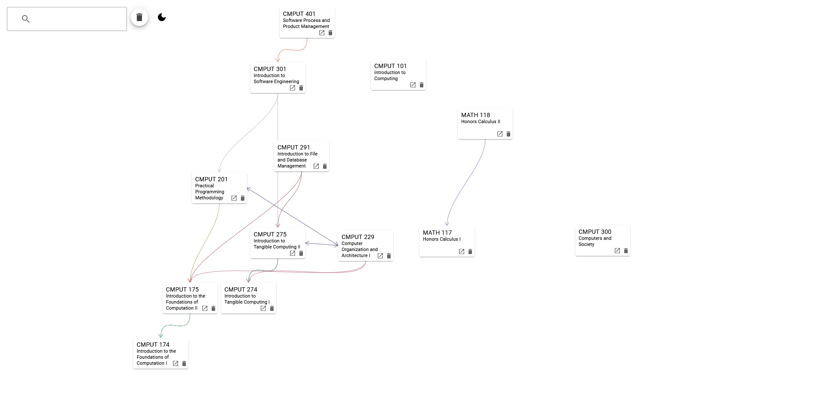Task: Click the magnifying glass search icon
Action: tap(25, 19)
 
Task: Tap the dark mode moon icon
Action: tap(162, 17)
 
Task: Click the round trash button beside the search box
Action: tap(139, 17)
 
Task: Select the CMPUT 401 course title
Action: tap(299, 14)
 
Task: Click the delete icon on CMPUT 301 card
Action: tap(301, 88)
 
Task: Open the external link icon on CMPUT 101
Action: tap(413, 85)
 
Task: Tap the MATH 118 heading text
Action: tap(475, 115)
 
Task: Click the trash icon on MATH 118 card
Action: tap(509, 134)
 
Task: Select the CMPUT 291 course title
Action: tap(293, 147)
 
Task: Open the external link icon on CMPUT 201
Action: tap(234, 199)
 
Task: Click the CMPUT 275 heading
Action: tap(270, 234)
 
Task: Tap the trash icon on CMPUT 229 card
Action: tap(389, 256)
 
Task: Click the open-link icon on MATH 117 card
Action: tap(462, 252)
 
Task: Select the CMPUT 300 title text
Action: tap(595, 232)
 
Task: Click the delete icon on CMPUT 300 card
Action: tap(626, 251)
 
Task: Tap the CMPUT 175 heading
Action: tap(182, 289)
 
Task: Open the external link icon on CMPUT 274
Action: tap(263, 309)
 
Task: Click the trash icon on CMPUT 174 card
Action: tap(184, 364)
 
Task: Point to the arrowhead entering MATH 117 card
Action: tap(447, 224)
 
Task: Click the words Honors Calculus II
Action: tap(481, 122)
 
